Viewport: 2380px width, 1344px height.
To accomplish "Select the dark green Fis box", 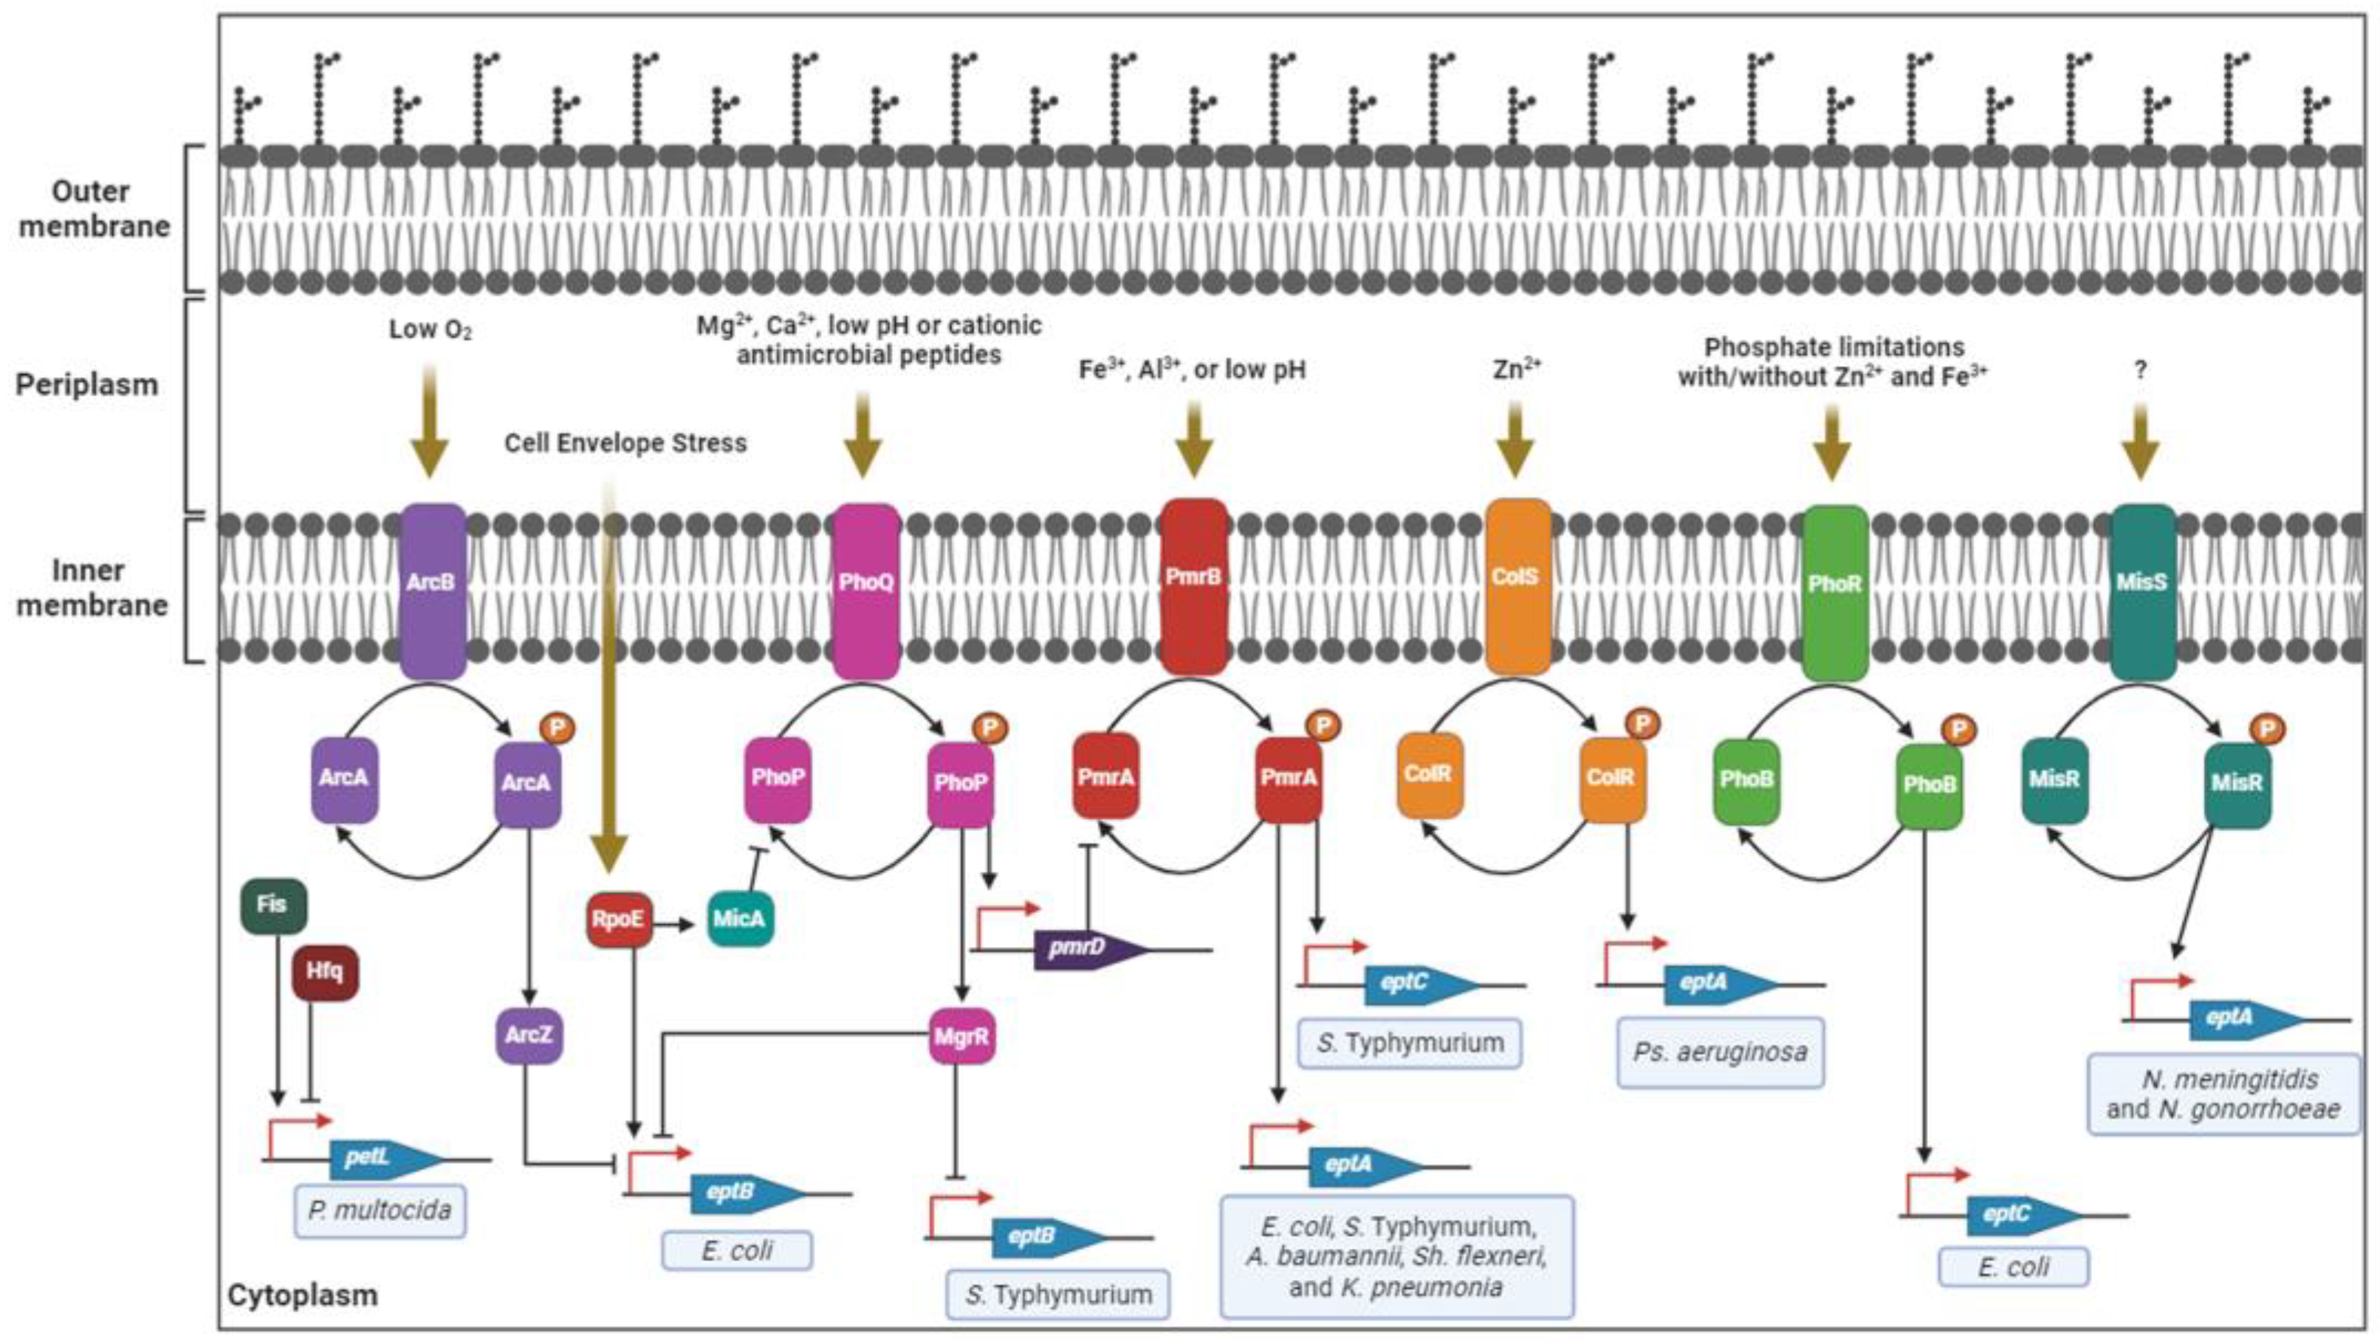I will [x=272, y=904].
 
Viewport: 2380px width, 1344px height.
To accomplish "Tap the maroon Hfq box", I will [x=324, y=971].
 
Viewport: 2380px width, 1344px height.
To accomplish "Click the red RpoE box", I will [x=618, y=919].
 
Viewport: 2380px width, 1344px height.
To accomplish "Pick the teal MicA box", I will [x=739, y=919].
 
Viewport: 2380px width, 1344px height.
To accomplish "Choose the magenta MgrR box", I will [x=961, y=1036].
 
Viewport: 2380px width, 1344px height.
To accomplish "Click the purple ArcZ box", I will [x=529, y=1035].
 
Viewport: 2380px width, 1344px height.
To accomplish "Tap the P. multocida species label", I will [x=380, y=1210].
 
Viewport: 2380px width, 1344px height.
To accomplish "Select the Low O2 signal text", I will [x=430, y=330].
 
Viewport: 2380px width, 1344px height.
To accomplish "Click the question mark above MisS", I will [x=2141, y=371].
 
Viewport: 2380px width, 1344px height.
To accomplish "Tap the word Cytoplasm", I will [x=302, y=1295].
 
